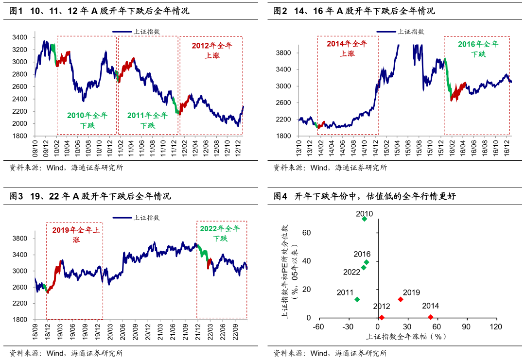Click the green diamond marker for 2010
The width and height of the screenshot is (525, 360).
click(x=365, y=219)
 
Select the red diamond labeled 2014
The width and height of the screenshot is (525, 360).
click(x=431, y=317)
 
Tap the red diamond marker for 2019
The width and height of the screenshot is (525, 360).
click(x=401, y=299)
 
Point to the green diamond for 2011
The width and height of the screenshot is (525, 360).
click(x=357, y=300)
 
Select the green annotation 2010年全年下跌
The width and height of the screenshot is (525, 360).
click(x=87, y=120)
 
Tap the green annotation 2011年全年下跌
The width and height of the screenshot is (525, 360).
click(x=147, y=120)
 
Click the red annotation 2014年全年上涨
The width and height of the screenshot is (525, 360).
click(x=348, y=48)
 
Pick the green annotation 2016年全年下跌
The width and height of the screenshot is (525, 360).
click(x=478, y=49)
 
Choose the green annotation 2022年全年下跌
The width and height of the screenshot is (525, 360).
click(x=220, y=233)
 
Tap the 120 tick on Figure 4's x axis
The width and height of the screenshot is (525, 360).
click(x=496, y=327)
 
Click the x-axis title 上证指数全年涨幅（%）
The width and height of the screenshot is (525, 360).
click(x=406, y=336)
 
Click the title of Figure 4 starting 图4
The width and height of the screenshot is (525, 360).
click(x=365, y=196)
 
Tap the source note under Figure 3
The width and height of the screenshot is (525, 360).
click(x=67, y=353)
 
